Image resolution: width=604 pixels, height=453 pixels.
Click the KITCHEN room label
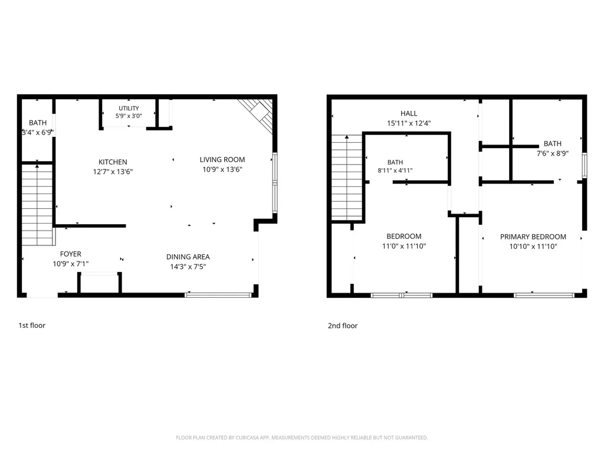coord(113,162)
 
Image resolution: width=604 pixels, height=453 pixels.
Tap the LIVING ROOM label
coord(222,159)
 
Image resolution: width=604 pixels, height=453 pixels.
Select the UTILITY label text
coord(129,109)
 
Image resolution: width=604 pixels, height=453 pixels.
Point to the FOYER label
coord(71,254)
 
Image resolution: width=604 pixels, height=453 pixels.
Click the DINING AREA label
coord(188,257)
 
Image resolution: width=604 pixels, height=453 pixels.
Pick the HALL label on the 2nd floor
coord(409,114)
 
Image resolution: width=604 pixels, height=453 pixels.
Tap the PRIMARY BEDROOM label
coord(533,237)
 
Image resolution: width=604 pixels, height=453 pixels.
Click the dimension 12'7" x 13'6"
coord(113,172)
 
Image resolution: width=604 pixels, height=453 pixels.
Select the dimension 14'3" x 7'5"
coord(188,267)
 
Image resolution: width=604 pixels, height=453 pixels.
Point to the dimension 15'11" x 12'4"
coord(409,123)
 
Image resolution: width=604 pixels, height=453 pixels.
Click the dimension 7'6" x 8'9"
coord(553,153)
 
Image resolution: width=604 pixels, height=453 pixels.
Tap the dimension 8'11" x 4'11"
coord(395,170)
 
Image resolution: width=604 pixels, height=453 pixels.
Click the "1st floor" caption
coord(32,326)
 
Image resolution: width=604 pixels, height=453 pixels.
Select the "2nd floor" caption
coord(343,326)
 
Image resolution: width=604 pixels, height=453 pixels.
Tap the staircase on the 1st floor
coord(37,205)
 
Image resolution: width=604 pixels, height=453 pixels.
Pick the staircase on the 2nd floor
coord(347,178)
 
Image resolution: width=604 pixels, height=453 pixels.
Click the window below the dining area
coord(218,295)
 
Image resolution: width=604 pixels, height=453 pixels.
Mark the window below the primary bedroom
coord(544,296)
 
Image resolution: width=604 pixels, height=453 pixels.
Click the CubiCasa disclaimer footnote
coord(301,438)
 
